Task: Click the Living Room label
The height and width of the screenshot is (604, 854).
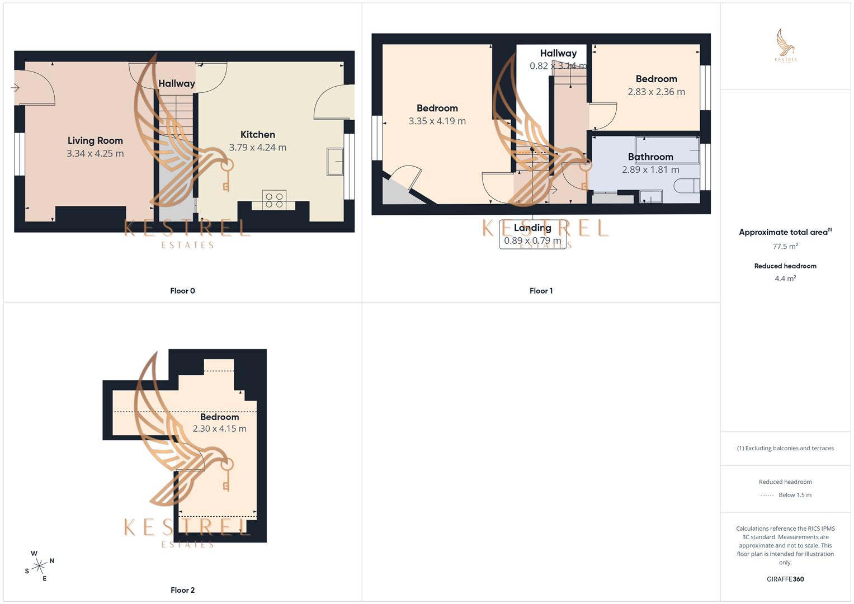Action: (x=95, y=141)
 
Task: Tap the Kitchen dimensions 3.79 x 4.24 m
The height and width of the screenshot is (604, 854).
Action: (x=257, y=148)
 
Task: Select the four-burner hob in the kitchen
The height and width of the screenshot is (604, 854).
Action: (x=274, y=200)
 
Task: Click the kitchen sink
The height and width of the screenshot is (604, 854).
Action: (x=335, y=162)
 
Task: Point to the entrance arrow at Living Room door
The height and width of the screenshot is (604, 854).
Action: (x=15, y=88)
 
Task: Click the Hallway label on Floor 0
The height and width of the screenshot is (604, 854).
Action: (x=176, y=84)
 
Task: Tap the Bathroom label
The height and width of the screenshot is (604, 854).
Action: (x=650, y=157)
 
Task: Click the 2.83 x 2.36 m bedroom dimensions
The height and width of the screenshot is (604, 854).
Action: (x=656, y=92)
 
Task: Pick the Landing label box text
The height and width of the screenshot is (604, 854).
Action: (x=532, y=228)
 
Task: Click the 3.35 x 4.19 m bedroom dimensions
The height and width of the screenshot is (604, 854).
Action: (x=437, y=121)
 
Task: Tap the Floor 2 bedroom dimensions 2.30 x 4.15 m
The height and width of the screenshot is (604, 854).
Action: (x=219, y=429)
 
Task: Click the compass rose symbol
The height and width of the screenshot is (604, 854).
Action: (x=39, y=567)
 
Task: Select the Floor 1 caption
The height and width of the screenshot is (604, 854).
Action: (x=541, y=291)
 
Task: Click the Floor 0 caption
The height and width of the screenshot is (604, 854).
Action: (x=182, y=291)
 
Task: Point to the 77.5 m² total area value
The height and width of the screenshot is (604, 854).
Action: (x=785, y=247)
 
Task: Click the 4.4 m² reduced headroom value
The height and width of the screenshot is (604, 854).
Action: (x=785, y=279)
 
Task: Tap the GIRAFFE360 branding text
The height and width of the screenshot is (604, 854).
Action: (x=785, y=579)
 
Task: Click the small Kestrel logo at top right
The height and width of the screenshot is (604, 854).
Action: (x=786, y=46)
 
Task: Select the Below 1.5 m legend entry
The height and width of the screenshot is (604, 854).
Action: (x=795, y=495)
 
